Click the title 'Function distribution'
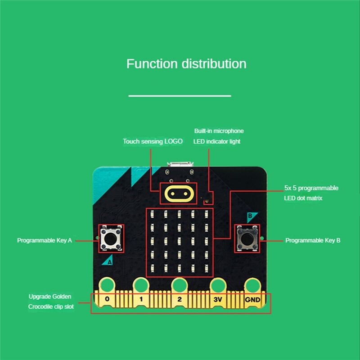pos(186,64)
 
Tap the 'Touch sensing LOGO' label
pos(153,141)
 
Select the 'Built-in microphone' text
pos(219,131)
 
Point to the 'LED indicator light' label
pos(216,141)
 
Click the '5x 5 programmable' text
pos(311,188)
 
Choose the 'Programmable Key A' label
pos(45,240)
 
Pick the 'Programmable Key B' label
pos(313,240)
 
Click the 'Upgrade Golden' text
pos(50,297)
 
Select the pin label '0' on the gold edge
pos(107,299)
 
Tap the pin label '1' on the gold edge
pos(141,299)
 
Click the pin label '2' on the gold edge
pos(179,299)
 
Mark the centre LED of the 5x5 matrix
pos(179,240)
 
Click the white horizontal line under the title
pos(180,95)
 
